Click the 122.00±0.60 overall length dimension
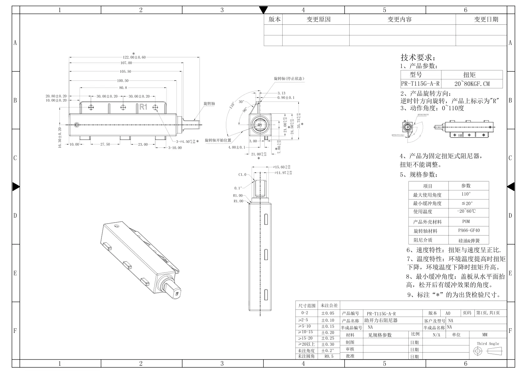[134, 57]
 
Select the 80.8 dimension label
[123, 88]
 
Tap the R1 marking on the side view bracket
[143, 107]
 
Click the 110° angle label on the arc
[232, 105]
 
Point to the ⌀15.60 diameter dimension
[282, 167]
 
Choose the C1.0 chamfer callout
[242, 174]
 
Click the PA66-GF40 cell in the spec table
[468, 231]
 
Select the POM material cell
[466, 221]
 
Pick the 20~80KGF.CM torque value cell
[472, 84]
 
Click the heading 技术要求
[418, 58]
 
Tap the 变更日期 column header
[486, 19]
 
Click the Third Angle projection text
[488, 344]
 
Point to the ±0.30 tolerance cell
[328, 344]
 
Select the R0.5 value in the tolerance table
[329, 356]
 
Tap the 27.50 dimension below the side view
[105, 144]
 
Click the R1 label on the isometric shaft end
[177, 294]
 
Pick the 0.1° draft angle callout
[238, 188]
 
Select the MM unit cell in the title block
[485, 335]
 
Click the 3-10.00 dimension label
[175, 148]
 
